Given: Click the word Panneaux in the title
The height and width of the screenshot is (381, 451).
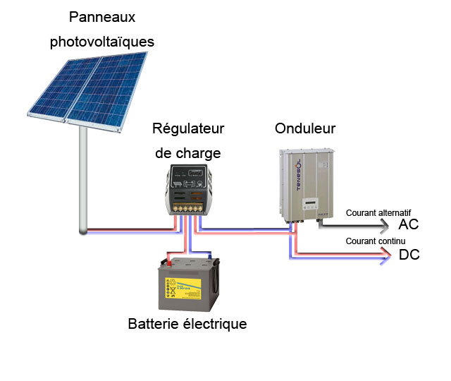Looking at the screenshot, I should (101, 17).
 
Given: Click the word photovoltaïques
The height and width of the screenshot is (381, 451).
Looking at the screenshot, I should (101, 42).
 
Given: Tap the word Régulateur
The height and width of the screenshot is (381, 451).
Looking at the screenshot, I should (188, 129).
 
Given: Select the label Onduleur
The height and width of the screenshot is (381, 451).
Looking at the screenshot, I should (304, 129).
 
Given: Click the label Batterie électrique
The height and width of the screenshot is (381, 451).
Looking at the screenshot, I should (187, 325).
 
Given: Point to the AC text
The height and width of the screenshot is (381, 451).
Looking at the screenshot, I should (409, 225).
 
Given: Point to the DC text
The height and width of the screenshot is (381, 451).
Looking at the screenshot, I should (409, 255).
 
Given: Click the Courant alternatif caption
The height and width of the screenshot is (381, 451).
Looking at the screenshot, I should (378, 212).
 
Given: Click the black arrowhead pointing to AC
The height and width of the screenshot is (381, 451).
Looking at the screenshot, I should (384, 226).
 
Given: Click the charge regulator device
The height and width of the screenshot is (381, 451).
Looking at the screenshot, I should (187, 189).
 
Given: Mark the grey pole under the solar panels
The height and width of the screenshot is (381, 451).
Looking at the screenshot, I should (83, 176).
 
